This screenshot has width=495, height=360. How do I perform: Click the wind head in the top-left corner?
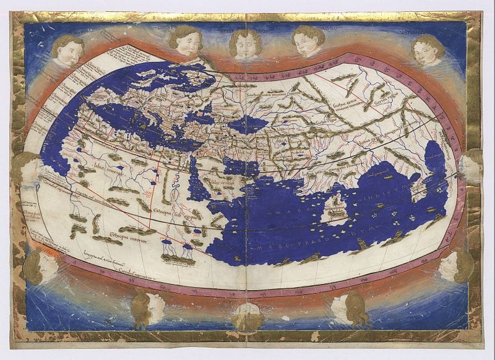tap(67, 51)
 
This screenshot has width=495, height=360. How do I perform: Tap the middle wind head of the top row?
tap(246, 43)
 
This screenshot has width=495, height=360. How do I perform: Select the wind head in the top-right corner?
tap(428, 49)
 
